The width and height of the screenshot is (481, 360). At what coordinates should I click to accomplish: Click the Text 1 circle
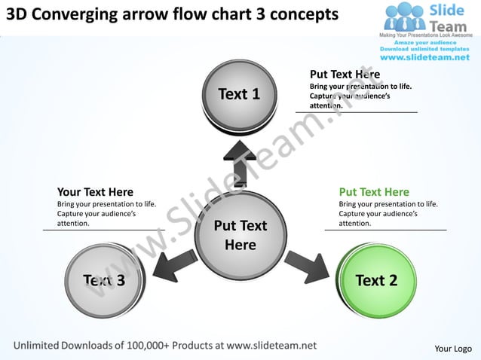click(239, 94)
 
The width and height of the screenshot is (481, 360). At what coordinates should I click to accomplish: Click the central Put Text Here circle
click(240, 235)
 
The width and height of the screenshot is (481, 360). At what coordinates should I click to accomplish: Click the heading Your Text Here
click(95, 192)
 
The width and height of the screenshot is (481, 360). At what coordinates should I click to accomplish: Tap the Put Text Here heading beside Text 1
click(345, 75)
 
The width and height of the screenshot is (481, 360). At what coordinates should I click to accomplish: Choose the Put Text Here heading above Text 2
click(374, 192)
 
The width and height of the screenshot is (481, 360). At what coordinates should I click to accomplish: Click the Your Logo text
click(453, 348)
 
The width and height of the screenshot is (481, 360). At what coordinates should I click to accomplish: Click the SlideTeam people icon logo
click(405, 16)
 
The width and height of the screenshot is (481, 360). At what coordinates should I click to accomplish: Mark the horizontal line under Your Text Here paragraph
click(103, 230)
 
